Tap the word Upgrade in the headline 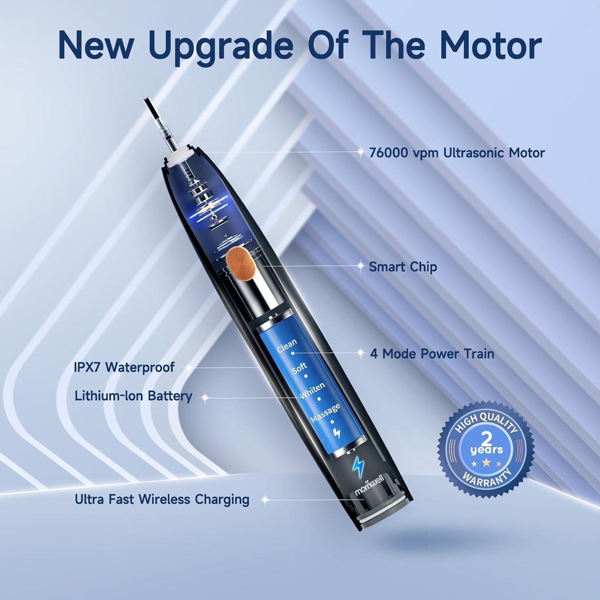click(x=220, y=47)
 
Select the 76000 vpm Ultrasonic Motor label click(x=456, y=153)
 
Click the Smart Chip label click(x=402, y=267)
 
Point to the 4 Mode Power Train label click(x=432, y=354)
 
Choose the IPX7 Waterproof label click(x=124, y=367)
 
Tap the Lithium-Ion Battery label click(x=133, y=396)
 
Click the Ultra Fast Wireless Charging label click(x=162, y=499)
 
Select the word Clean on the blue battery click(x=287, y=345)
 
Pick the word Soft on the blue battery click(x=299, y=367)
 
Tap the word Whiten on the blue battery click(x=312, y=390)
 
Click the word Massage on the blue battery click(x=326, y=413)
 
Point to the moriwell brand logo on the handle click(x=370, y=485)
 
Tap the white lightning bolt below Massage click(x=337, y=433)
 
